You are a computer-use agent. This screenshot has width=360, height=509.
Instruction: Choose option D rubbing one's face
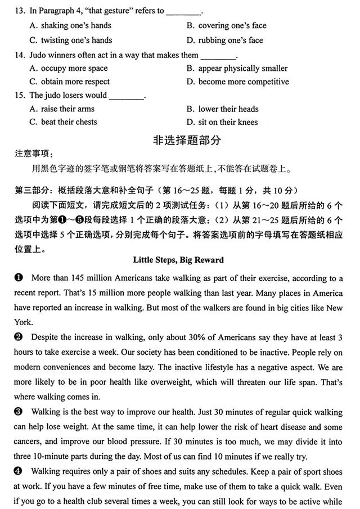[x=225, y=40]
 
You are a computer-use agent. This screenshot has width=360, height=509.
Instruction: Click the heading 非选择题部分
[x=179, y=140]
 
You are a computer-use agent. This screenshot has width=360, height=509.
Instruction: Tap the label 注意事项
[x=33, y=154]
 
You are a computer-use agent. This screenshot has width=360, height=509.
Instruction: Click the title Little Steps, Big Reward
[x=178, y=260]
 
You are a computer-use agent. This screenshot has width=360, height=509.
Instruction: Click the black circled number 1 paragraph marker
[x=19, y=278]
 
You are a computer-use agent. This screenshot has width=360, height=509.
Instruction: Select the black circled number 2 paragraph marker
[x=19, y=337]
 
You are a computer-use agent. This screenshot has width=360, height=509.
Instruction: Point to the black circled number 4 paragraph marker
[x=19, y=471]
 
